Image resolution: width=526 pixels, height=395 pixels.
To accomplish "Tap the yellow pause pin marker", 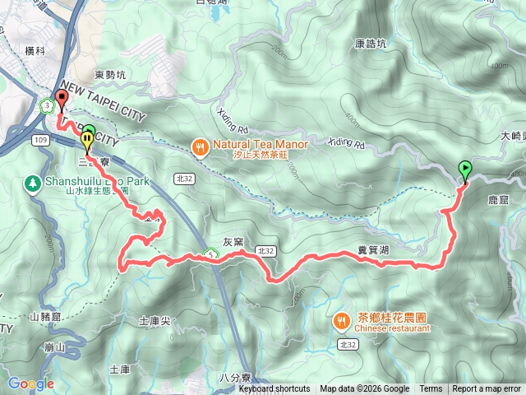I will (86, 136).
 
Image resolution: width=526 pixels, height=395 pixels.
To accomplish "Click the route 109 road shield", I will (40, 141).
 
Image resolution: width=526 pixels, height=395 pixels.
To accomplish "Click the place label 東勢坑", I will (110, 75).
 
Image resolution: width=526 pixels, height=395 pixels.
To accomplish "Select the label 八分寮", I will (235, 377).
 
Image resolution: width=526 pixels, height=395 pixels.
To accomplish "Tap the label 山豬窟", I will (46, 316).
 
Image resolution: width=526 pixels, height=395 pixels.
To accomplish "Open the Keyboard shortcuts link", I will (275, 388).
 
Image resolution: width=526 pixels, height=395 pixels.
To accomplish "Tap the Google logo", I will (30, 383).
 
